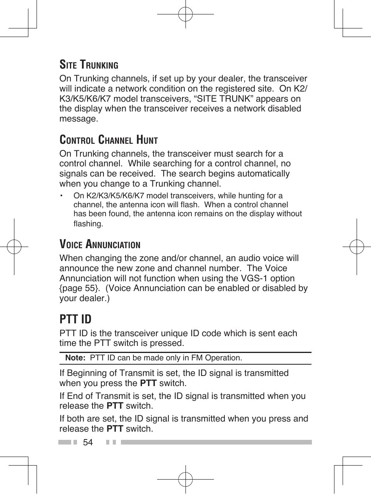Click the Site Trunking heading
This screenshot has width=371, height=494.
pyautogui.click(x=89, y=64)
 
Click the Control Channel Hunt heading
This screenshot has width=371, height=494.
pyautogui.click(x=108, y=140)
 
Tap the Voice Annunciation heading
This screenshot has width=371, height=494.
pyautogui.click(x=100, y=244)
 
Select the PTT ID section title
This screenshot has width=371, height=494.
pyautogui.click(x=75, y=319)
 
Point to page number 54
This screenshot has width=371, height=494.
pyautogui.click(x=88, y=442)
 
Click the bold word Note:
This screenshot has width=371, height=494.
pyautogui.click(x=75, y=358)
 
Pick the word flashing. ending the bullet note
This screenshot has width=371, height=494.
pyautogui.click(x=88, y=224)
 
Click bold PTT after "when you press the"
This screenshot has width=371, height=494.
pyautogui.click(x=148, y=383)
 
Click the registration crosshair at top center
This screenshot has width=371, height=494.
pyautogui.click(x=185, y=14)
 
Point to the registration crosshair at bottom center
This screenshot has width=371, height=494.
pyautogui.click(x=185, y=480)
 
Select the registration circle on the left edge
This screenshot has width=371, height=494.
pyautogui.click(x=14, y=247)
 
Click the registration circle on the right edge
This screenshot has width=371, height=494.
pyautogui.click(x=357, y=247)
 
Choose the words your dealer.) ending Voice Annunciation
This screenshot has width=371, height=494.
pyautogui.click(x=84, y=298)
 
